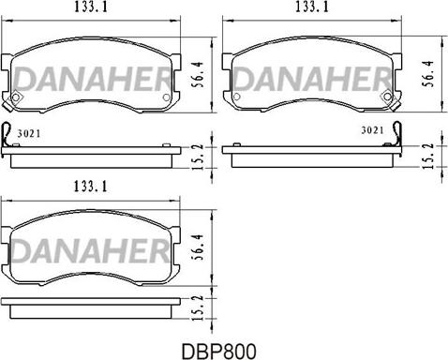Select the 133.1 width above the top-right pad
pyautogui.click(x=314, y=7)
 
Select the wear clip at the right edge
pyautogui.click(x=397, y=136)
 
